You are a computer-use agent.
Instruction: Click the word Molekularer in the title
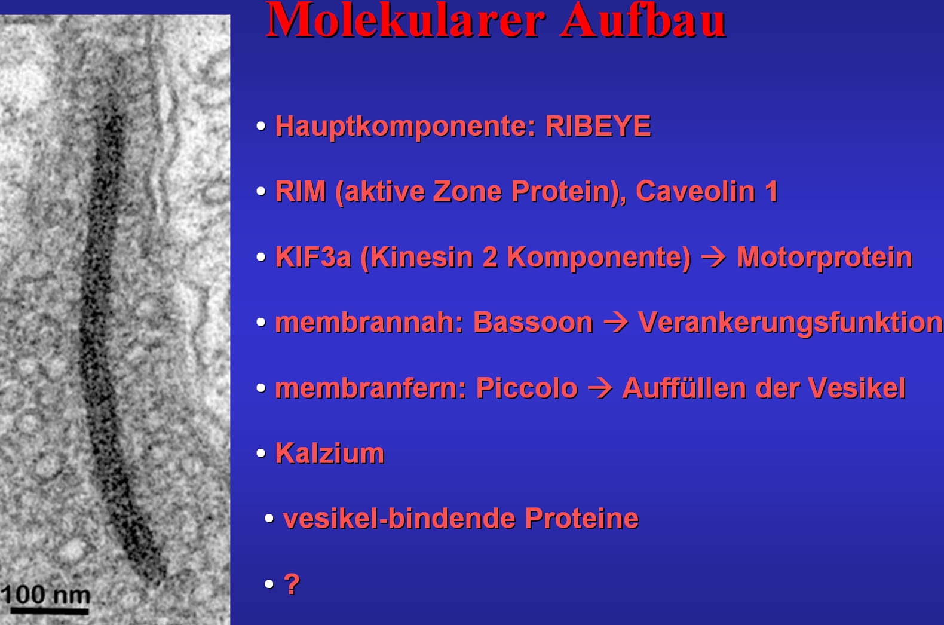click(x=406, y=20)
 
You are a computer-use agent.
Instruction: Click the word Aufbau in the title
click(x=643, y=20)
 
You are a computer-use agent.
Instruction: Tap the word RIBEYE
click(x=598, y=126)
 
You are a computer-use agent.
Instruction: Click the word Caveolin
click(x=695, y=191)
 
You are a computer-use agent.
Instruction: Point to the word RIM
click(x=301, y=191)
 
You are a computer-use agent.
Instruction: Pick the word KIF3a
click(x=312, y=257)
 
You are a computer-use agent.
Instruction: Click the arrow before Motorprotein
click(x=713, y=258)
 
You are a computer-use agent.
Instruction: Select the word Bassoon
click(x=533, y=323)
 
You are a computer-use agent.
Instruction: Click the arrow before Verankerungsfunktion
click(x=615, y=323)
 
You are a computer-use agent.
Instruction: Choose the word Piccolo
click(x=526, y=388)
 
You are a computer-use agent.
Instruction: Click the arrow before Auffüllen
click(x=600, y=388)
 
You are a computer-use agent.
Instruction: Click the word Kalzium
click(x=330, y=454)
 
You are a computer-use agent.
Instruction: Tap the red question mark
click(x=292, y=584)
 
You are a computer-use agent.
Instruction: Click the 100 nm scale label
click(x=45, y=595)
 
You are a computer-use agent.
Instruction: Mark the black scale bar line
click(x=50, y=611)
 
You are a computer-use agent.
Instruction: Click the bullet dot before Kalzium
click(x=261, y=453)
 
